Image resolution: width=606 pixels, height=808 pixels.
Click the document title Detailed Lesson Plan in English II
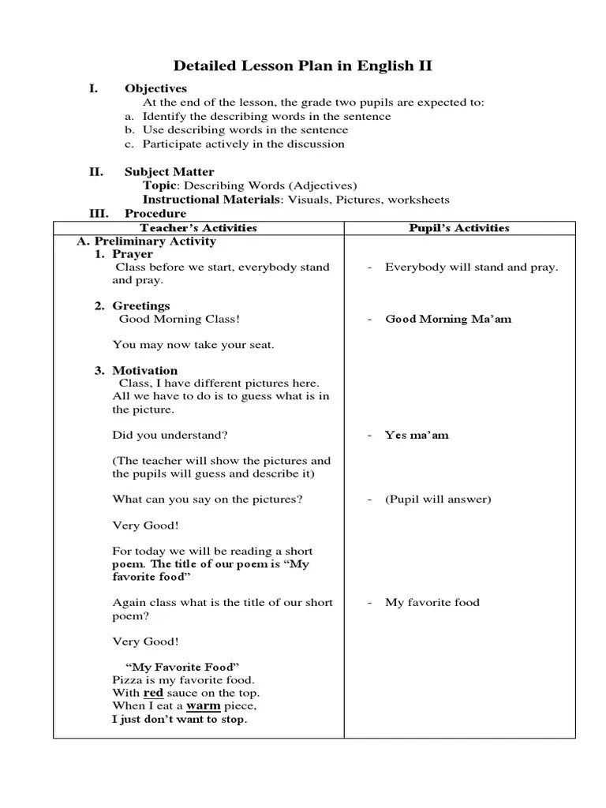pos(302,65)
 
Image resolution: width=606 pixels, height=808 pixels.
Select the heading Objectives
pos(155,88)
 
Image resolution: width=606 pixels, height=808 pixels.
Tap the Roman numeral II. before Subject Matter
pos(95,171)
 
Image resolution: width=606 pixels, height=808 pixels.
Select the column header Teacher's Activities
pos(198,228)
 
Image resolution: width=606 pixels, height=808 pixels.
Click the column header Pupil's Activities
pos(458,228)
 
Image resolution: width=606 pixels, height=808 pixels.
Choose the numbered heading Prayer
pos(133,254)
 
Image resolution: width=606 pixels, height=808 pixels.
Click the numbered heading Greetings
pos(140,305)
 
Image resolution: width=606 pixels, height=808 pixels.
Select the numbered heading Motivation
pos(144,370)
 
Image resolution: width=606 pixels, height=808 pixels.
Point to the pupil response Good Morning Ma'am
pos(448,319)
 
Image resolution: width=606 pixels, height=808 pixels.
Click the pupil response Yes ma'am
pos(417,435)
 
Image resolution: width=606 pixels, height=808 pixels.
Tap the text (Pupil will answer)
pos(438,499)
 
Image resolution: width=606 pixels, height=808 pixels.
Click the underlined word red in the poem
pos(153,692)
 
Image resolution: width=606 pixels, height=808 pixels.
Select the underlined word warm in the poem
pos(203,705)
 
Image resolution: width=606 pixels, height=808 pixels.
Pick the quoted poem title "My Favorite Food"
pos(182,667)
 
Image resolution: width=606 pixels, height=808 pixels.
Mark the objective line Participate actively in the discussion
pos(243,144)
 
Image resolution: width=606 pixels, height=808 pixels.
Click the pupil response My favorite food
pos(432,602)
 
